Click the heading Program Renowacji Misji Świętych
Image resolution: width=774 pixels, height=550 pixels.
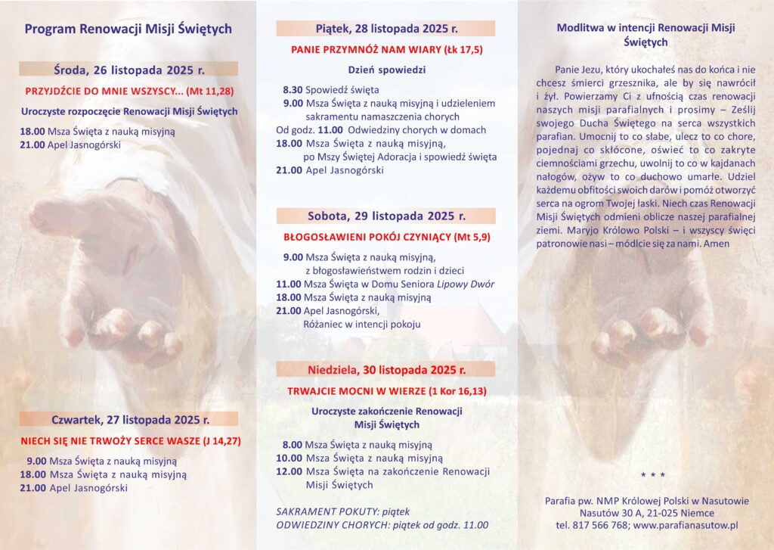[x=128, y=30]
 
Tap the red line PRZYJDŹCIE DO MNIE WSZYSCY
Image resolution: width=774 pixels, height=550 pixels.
[x=128, y=90]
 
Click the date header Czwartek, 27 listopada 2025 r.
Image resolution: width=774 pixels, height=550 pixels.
[x=128, y=419]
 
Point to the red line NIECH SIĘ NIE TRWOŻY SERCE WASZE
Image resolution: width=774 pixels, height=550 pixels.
[x=128, y=440]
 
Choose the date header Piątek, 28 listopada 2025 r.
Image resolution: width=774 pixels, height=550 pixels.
[x=386, y=29]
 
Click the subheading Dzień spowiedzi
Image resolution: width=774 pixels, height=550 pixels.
[x=386, y=70]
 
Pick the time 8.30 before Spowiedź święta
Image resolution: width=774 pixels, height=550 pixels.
[x=293, y=89]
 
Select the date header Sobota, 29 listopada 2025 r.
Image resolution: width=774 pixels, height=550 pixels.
[x=386, y=216]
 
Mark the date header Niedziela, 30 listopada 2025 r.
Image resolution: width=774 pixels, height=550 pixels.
[x=386, y=370]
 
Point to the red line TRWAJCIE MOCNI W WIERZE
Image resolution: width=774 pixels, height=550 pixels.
[x=386, y=391]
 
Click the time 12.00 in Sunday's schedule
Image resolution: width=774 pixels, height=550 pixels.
[x=289, y=471]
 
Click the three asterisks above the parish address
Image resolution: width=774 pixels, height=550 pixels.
[x=652, y=475]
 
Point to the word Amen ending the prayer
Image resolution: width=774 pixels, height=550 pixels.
[x=716, y=244]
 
